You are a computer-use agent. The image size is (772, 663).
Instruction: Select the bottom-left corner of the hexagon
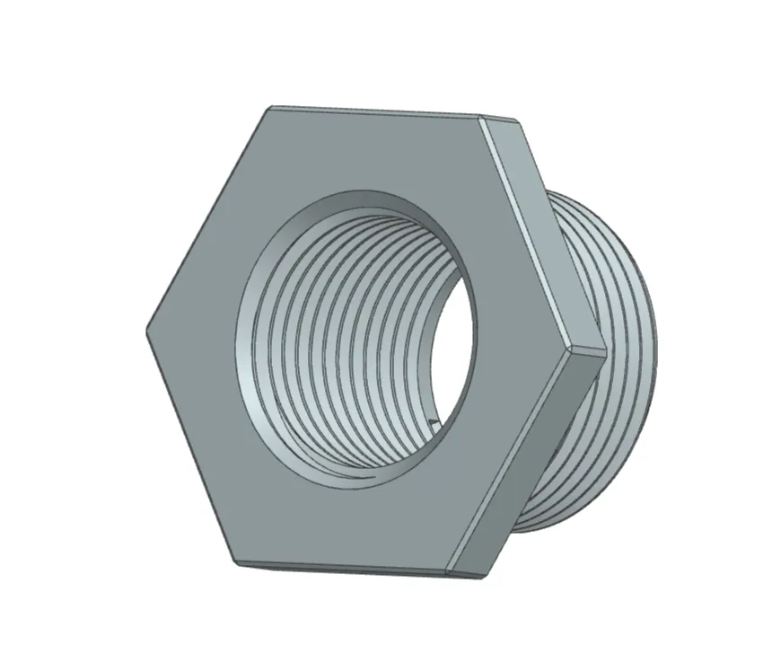237,563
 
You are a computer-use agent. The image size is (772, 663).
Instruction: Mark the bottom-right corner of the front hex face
448,572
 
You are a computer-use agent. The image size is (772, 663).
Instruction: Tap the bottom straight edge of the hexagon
341,568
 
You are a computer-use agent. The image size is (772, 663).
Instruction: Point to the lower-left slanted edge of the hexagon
190,446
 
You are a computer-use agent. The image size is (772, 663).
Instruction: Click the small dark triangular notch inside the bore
433,422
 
